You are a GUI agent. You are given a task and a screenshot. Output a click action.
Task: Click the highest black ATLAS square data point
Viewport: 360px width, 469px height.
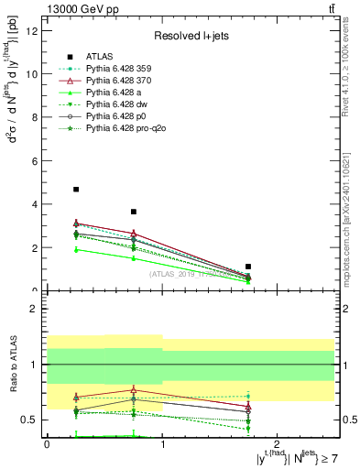pyautogui.click(x=76, y=190)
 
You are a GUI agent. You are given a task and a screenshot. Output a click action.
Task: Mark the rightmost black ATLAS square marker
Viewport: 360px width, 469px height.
pyautogui.click(x=248, y=267)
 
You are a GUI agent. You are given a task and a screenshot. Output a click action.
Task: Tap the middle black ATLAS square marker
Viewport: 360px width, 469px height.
pyautogui.click(x=134, y=212)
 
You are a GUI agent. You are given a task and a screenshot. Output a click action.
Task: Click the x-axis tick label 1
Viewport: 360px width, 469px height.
pyautogui.click(x=163, y=443)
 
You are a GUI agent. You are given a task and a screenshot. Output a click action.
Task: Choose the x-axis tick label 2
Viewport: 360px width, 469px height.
pyautogui.click(x=278, y=443)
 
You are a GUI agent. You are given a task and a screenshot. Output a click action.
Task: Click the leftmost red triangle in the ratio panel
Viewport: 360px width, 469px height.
pyautogui.click(x=76, y=397)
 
